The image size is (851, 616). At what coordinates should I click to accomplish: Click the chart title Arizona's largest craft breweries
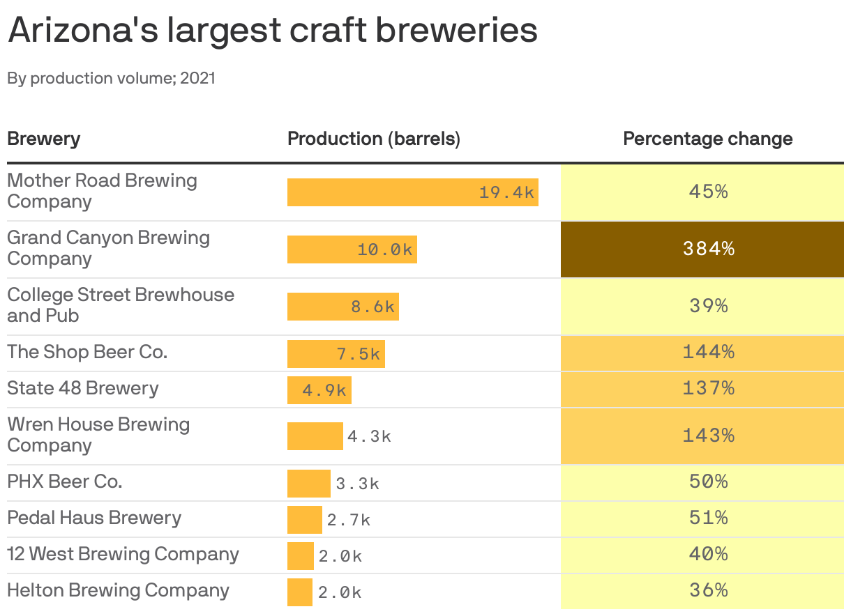coord(272,31)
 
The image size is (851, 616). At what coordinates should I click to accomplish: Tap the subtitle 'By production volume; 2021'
coord(111,78)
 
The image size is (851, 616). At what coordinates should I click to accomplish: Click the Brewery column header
coord(43,139)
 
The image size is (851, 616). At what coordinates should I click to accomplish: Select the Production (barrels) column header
coord(374,139)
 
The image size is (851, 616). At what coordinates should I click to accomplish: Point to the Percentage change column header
coord(707,139)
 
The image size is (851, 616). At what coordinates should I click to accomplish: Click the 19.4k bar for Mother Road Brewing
coord(412,192)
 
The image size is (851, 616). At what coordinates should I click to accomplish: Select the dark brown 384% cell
coord(702,249)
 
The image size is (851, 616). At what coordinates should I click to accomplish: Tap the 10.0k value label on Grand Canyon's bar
coord(385,249)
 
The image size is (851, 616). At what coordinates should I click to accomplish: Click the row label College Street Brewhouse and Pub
coord(120,305)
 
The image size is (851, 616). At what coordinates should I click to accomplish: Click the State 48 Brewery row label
coord(82,388)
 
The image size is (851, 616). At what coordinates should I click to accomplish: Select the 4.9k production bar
coord(319,390)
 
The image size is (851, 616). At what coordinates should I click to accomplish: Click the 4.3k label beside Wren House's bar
coord(369,437)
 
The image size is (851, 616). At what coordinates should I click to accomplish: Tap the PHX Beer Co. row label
coord(64,482)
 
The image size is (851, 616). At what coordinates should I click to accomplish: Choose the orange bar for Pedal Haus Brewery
coord(304,520)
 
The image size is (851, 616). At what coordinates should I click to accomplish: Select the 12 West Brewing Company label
coord(123,554)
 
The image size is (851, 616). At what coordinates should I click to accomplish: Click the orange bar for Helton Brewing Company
coord(299,592)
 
